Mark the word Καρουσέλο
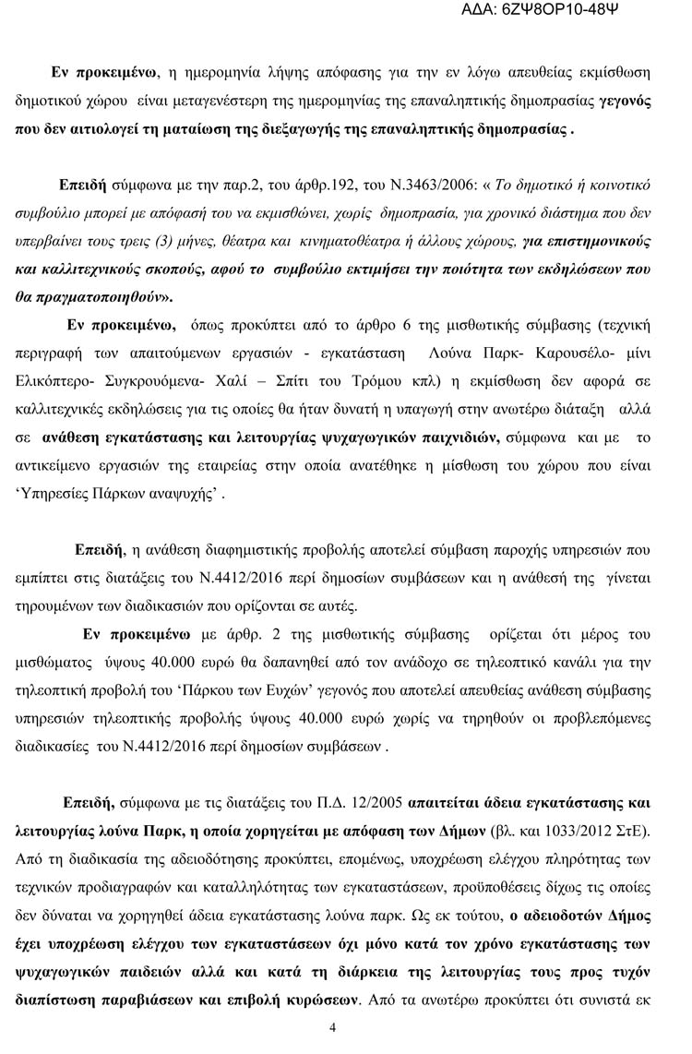tap(502, 354)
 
